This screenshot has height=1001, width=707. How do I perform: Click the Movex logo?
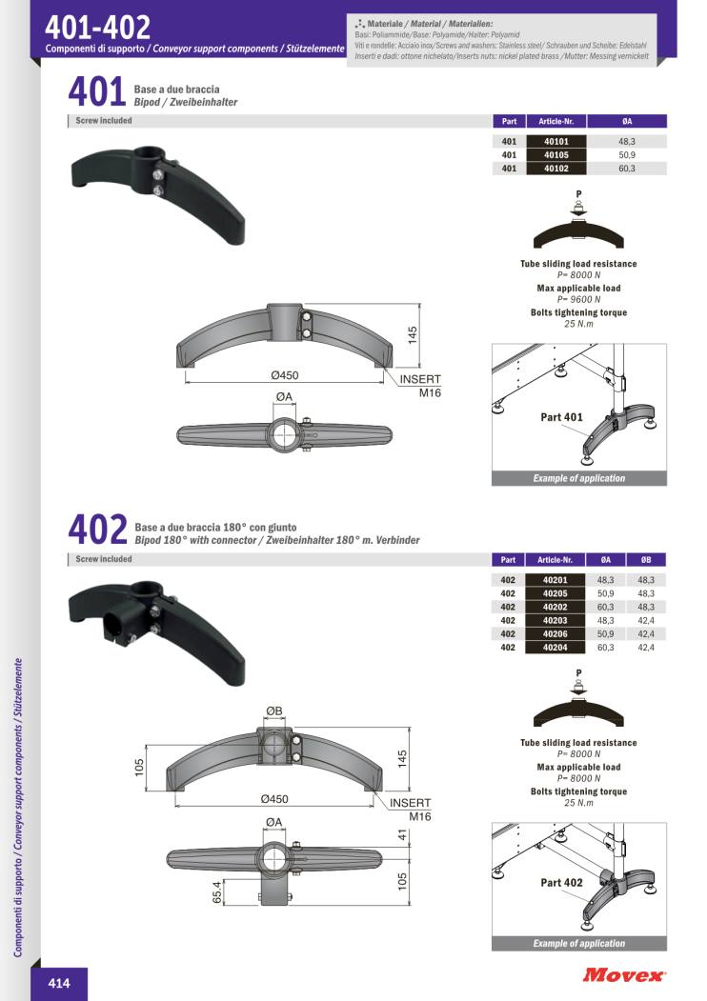coord(623,975)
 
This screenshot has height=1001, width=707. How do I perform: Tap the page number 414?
coord(59,983)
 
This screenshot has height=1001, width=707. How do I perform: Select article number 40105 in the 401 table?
coord(556,155)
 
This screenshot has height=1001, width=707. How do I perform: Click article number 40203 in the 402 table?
coord(555,621)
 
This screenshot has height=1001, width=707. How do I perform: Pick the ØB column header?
coord(646,560)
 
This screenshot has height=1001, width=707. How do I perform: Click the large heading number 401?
coord(97,92)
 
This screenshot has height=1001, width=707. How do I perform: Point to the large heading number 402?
coord(98,530)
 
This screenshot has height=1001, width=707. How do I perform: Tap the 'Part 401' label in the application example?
coord(561,417)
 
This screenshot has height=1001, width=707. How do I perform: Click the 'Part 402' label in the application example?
coord(561,883)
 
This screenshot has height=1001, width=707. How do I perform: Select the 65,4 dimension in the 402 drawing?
coord(217,892)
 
